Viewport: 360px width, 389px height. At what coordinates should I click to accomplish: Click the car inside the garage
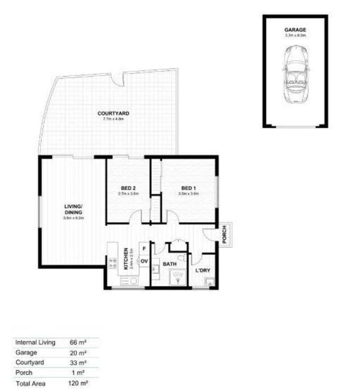295,75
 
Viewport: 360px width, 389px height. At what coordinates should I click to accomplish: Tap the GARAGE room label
295,30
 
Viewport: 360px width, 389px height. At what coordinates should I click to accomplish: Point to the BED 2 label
128,188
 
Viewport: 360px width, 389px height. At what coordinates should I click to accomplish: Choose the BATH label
169,264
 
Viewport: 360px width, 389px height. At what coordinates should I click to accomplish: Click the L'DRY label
203,271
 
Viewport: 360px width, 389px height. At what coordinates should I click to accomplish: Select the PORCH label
225,234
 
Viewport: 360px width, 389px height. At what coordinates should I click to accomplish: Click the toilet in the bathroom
181,258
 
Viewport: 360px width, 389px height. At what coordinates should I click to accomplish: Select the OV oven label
144,261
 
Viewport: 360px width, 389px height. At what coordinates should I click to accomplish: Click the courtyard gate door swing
118,80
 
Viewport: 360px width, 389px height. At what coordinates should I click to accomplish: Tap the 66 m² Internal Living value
78,342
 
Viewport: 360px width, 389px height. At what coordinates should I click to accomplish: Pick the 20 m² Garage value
78,353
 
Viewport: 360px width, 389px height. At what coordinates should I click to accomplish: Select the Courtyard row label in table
30,362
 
